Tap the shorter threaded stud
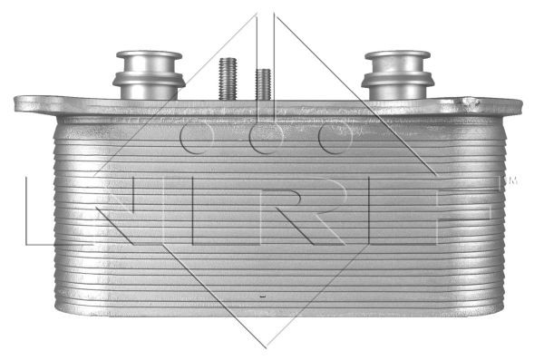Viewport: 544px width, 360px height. point(263,83)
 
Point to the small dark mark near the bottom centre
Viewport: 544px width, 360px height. point(262,297)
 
